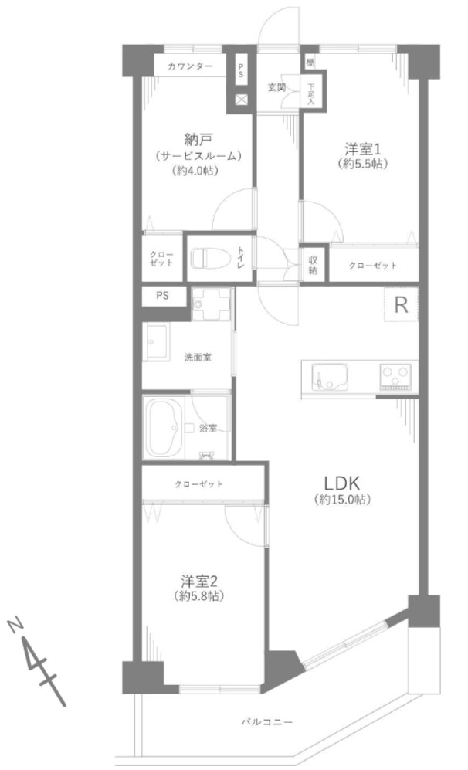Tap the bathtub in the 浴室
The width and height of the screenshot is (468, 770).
click(164, 427)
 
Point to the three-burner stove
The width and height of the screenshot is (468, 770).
click(396, 377)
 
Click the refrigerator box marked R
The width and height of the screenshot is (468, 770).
click(401, 304)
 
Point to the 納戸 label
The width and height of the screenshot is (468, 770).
click(198, 139)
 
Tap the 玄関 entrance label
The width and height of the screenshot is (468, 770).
click(277, 86)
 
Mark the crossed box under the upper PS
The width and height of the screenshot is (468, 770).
click(241, 100)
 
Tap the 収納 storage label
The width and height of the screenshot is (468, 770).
click(314, 265)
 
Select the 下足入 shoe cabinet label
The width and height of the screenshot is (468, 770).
click(312, 93)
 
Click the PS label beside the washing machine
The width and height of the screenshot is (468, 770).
click(161, 295)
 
